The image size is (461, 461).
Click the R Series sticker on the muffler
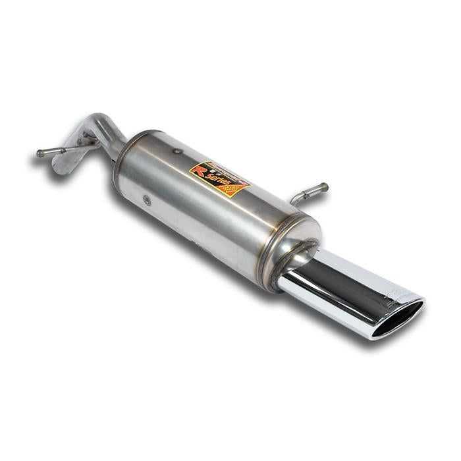point(219,179)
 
